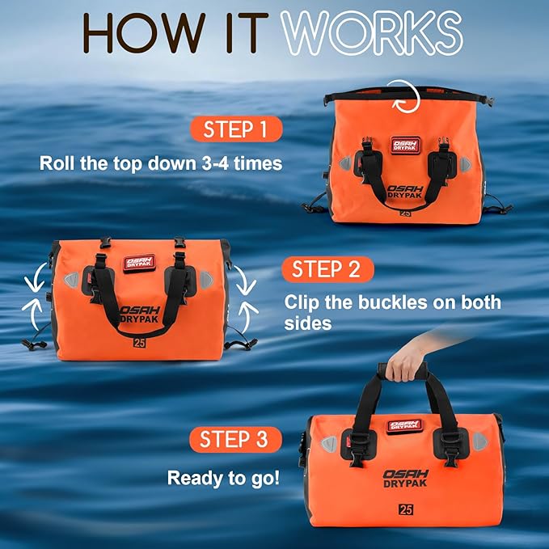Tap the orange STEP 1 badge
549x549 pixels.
[236, 129]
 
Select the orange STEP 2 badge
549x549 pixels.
[326, 269]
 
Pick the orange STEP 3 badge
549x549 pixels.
[235, 440]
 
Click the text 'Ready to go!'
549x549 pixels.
[224, 477]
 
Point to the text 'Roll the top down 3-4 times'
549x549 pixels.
[161, 163]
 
